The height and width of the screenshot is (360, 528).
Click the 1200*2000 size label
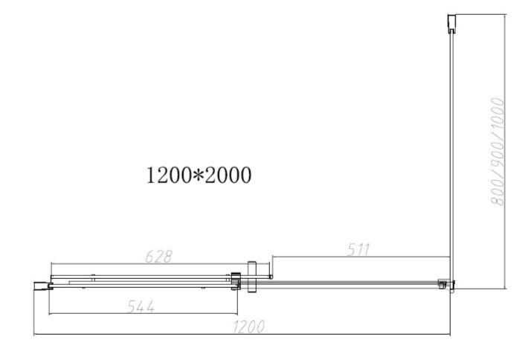[199, 175]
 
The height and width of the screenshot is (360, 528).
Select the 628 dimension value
[158, 257]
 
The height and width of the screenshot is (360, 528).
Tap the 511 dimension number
[358, 249]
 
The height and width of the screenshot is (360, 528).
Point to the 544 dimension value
[141, 306]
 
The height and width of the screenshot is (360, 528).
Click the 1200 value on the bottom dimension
[248, 327]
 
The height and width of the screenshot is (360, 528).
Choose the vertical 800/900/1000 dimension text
[498, 151]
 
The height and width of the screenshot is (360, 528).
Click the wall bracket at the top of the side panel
[451, 24]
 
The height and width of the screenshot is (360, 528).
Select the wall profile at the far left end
[43, 286]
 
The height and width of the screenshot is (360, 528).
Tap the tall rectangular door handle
[252, 277]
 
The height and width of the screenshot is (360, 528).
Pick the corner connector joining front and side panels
[446, 284]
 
